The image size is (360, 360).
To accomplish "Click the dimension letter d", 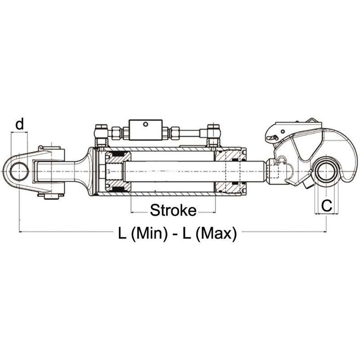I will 19,124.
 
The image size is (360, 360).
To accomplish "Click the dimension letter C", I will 327,206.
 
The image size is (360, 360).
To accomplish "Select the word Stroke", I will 173,210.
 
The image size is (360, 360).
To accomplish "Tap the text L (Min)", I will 143,234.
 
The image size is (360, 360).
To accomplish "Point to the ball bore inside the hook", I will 326,171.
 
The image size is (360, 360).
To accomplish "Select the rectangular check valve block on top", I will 145,130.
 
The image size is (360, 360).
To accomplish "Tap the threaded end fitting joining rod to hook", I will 275,171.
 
